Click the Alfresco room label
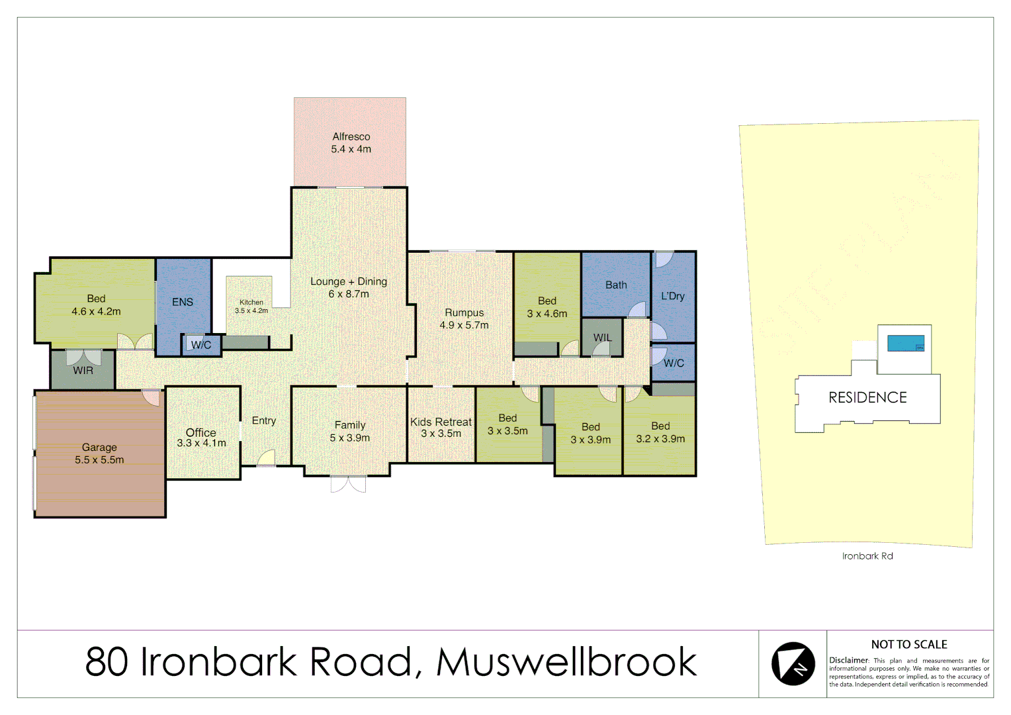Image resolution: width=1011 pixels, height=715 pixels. (x=351, y=136)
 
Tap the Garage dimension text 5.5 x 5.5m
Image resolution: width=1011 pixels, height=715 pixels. (x=99, y=460)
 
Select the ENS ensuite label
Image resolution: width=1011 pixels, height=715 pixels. (x=183, y=302)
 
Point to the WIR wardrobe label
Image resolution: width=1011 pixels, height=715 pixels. (x=83, y=371)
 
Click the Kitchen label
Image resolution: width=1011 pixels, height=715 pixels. (x=251, y=303)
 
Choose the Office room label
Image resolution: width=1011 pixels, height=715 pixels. (x=200, y=432)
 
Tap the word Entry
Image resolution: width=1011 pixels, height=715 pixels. (x=264, y=421)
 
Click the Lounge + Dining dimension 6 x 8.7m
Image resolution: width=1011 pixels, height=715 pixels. (x=349, y=294)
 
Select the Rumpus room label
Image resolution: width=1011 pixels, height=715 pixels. (x=464, y=312)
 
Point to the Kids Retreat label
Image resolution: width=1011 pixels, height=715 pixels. (x=441, y=422)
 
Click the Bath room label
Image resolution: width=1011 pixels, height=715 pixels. (x=616, y=285)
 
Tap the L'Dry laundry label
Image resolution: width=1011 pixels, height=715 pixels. (x=673, y=296)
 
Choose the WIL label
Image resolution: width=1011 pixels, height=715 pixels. (x=602, y=338)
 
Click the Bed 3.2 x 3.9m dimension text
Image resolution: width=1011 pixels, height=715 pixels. (x=660, y=439)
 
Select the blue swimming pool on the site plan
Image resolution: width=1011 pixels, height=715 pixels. (x=905, y=344)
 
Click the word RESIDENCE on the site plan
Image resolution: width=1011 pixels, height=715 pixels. (x=867, y=398)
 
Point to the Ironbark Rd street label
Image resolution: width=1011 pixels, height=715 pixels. (x=867, y=556)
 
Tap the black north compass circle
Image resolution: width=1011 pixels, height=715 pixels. (x=793, y=663)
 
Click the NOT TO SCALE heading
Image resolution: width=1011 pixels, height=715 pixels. (x=909, y=645)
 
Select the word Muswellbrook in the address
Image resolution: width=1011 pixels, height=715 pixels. (x=566, y=662)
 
